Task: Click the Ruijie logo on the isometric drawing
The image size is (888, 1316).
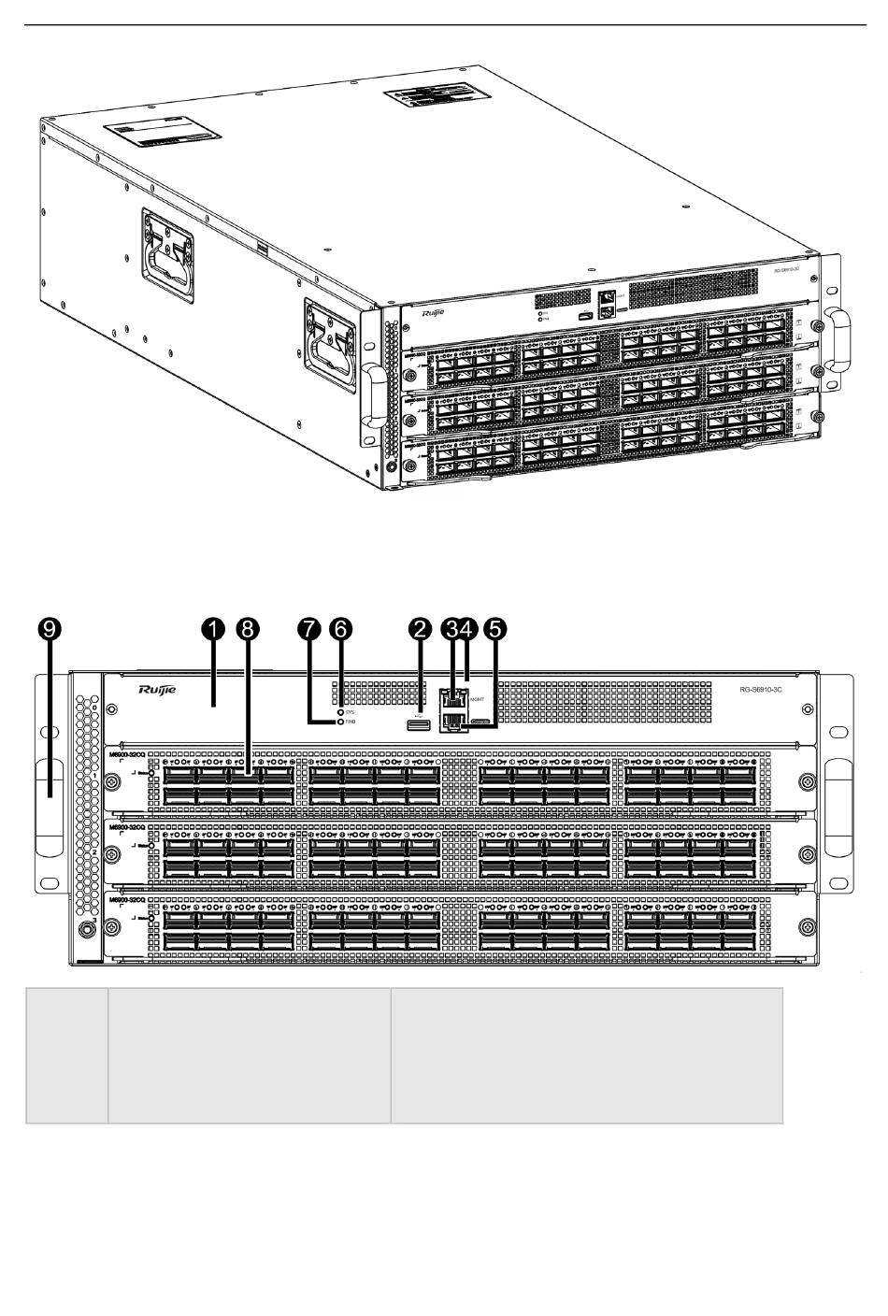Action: pos(436,315)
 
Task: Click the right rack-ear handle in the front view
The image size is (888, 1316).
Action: pos(838,808)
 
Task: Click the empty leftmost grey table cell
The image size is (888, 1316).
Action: pos(66,1054)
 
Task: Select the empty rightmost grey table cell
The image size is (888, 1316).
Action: pos(586,1054)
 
